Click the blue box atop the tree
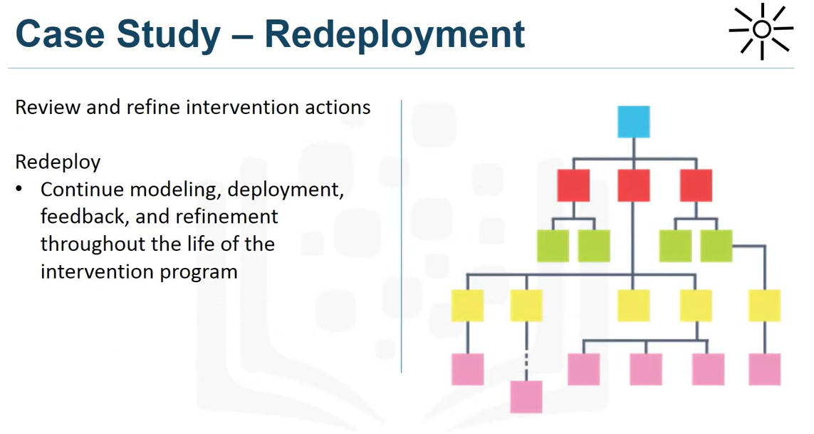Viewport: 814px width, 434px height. click(x=633, y=122)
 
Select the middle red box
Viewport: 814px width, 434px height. click(x=633, y=185)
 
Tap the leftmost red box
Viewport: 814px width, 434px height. click(x=573, y=185)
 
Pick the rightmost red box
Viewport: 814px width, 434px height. click(x=696, y=185)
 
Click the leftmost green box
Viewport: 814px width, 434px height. click(x=553, y=246)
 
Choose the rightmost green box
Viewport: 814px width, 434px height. click(x=716, y=246)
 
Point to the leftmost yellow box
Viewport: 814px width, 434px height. click(x=467, y=306)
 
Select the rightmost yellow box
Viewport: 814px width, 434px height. click(x=764, y=306)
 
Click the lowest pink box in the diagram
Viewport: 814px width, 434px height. click(x=526, y=397)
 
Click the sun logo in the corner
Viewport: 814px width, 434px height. click(x=761, y=30)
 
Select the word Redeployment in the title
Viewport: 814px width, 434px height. click(x=395, y=34)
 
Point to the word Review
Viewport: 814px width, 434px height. click(x=48, y=108)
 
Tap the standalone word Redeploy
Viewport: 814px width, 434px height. click(x=58, y=162)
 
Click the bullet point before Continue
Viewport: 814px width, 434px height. click(x=21, y=190)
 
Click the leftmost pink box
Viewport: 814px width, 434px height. click(x=467, y=369)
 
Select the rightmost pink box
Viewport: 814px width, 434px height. click(x=764, y=369)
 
